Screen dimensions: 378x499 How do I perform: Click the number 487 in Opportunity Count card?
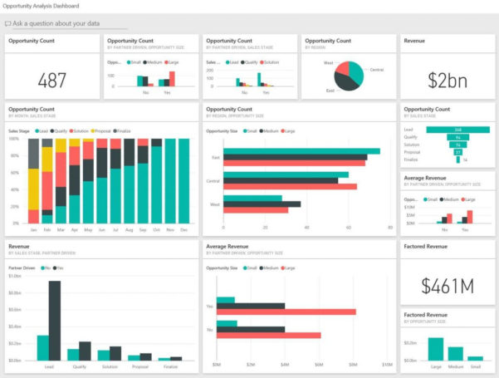point(51,81)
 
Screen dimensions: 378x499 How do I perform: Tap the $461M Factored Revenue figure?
point(447,286)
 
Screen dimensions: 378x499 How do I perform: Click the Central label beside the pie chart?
point(376,70)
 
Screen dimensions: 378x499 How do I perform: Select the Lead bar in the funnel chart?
point(457,130)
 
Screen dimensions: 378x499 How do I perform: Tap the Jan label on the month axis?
point(34,229)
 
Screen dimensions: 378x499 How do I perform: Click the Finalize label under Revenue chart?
point(170,366)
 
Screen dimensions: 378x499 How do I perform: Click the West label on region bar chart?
point(215,204)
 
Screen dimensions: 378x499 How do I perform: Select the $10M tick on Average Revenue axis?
point(388,365)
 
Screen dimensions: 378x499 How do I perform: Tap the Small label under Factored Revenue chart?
point(474,366)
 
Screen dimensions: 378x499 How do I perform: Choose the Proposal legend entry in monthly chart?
point(103,130)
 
